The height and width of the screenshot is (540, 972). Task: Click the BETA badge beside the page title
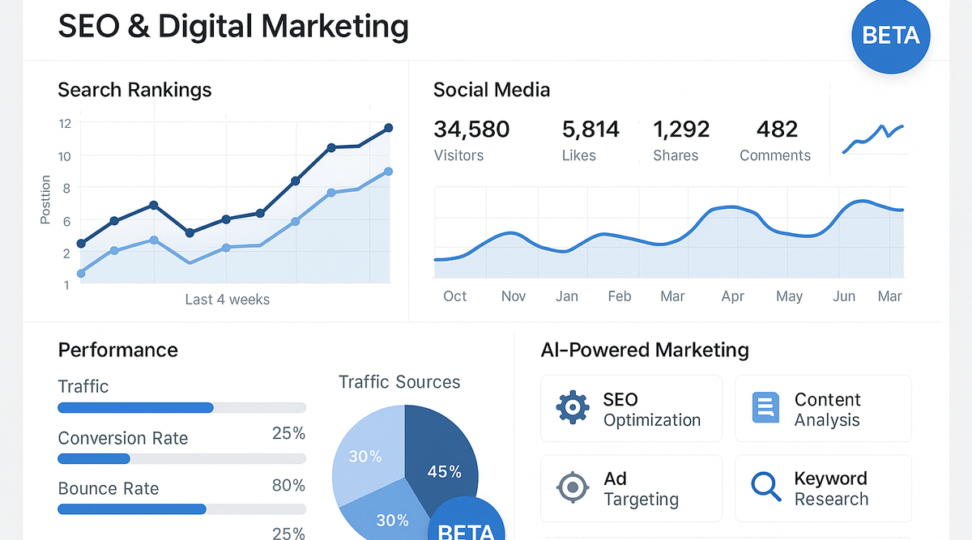(x=891, y=36)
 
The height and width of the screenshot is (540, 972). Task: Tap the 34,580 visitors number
(x=471, y=130)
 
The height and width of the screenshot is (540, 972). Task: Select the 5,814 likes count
(x=590, y=130)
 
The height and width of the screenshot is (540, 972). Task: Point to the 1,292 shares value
(x=681, y=130)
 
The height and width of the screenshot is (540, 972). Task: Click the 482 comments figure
(x=777, y=130)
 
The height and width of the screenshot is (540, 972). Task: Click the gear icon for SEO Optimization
(x=573, y=407)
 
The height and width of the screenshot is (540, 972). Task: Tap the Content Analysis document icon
(x=765, y=407)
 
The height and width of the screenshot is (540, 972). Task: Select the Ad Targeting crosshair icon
(x=573, y=487)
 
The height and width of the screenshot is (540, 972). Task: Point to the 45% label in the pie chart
(x=444, y=471)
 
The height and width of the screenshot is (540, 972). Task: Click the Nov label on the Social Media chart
(x=514, y=296)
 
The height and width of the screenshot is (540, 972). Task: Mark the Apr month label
(x=732, y=296)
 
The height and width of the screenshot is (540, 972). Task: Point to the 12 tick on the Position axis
(x=65, y=123)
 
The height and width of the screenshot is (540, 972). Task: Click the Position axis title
(x=45, y=199)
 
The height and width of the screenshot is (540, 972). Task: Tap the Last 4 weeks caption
(x=227, y=300)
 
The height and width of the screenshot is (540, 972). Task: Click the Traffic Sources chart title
(x=399, y=382)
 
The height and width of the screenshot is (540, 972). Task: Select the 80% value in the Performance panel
(x=288, y=486)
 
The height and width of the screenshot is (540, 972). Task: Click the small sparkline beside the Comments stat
(x=872, y=138)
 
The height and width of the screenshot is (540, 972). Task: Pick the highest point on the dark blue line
(x=389, y=128)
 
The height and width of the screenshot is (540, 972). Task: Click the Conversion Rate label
(x=123, y=439)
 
